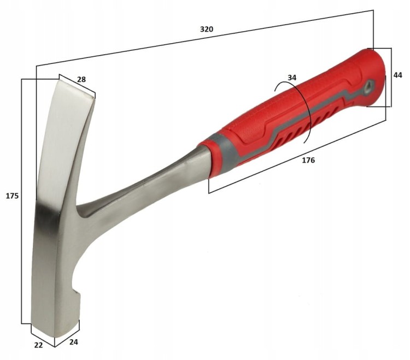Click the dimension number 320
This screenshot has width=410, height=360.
(207, 29)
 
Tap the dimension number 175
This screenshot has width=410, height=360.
(12, 196)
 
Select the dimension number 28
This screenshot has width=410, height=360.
(81, 79)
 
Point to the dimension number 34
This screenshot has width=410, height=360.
(292, 78)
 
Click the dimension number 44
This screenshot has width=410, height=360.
(397, 75)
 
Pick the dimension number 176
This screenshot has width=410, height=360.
(308, 160)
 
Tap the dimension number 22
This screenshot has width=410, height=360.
(38, 345)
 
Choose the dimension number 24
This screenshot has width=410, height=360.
(74, 342)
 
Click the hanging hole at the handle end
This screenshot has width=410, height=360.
(368, 86)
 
